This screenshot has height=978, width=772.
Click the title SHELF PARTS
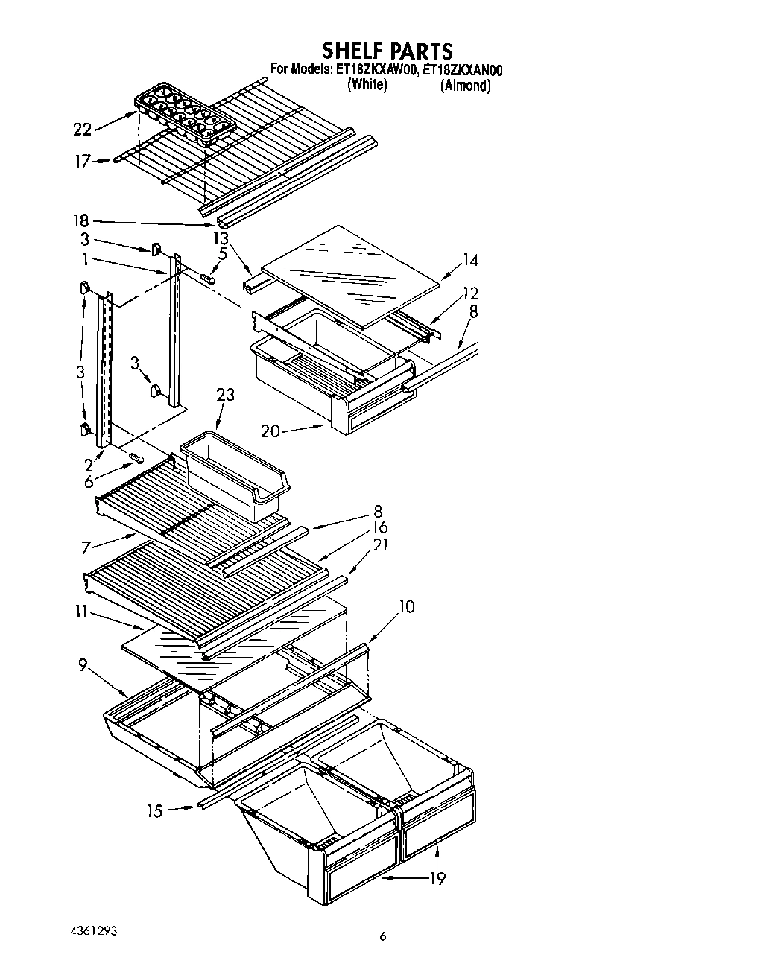[387, 51]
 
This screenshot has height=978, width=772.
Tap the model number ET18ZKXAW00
[376, 71]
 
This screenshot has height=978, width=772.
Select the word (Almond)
[466, 86]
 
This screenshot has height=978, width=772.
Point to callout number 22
[82, 130]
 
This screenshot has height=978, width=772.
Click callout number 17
[82, 162]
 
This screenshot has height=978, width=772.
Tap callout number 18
[81, 220]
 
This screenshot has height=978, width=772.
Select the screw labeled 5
[208, 279]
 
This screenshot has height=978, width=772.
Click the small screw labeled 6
[136, 457]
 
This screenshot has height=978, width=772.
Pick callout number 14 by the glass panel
[469, 260]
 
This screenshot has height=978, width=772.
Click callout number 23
[225, 395]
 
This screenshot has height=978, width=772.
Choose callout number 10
[406, 606]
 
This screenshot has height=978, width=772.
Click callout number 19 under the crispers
[437, 879]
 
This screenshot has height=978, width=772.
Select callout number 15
[154, 810]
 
